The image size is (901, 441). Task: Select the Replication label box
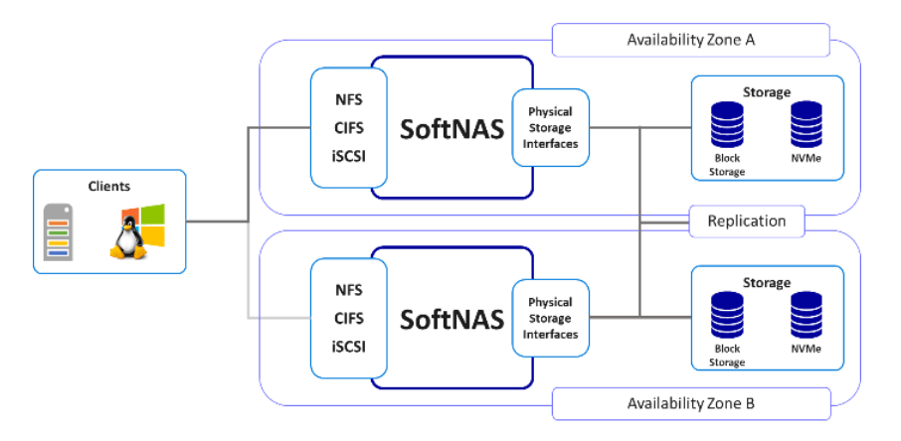coord(746,221)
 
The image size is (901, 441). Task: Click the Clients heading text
coord(109,186)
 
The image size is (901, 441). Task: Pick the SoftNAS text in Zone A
coord(450,130)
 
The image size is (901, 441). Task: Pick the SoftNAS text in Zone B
coord(450,319)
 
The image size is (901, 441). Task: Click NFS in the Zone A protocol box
coord(348,100)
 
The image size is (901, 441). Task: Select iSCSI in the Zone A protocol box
coord(348,155)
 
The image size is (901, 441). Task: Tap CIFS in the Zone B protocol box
coord(348,318)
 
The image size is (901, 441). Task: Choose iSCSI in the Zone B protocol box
coord(348,346)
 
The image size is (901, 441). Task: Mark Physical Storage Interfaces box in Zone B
coord(550,318)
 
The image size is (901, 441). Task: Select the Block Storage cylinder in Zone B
coord(727,317)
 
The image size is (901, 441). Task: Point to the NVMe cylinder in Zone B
coord(807,317)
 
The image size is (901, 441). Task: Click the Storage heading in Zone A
coord(766,92)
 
